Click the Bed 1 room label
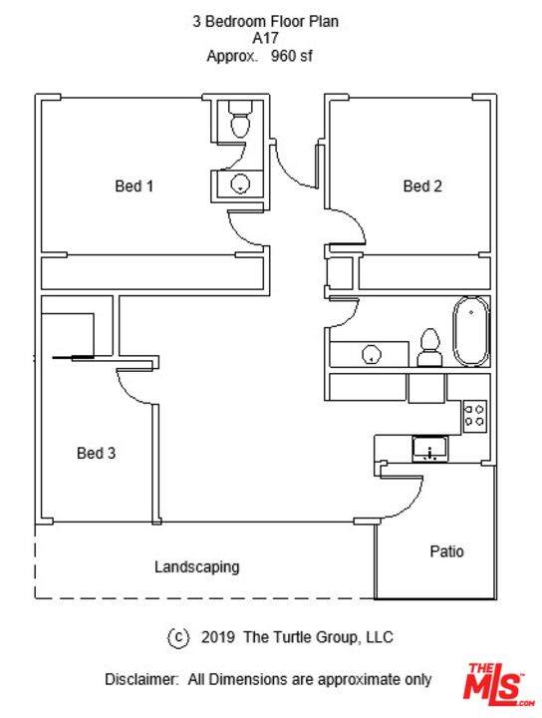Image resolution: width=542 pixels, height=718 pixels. tap(135, 185)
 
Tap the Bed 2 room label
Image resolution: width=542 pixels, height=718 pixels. tap(422, 185)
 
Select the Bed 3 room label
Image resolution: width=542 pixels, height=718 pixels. tap(96, 453)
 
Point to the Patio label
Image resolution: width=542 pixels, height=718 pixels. tap(446, 550)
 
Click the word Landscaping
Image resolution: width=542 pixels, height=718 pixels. tap(196, 566)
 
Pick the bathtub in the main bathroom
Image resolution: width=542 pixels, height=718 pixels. tap(470, 331)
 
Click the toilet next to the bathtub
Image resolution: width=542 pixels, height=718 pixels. tap(430, 348)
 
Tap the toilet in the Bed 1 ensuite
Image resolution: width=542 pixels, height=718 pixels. tap(239, 119)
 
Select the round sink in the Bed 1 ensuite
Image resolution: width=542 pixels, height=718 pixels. tap(240, 184)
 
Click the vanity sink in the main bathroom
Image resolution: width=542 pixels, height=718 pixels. tap(371, 354)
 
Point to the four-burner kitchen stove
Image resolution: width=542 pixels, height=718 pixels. tap(475, 416)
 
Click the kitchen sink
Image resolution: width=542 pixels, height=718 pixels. tap(430, 449)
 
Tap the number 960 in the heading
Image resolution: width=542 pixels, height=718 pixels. tap(283, 56)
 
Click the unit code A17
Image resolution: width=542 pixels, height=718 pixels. tap(265, 39)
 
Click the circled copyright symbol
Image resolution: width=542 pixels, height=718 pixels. tap(178, 637)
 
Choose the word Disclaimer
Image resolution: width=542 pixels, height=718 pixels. tap(140, 679)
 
